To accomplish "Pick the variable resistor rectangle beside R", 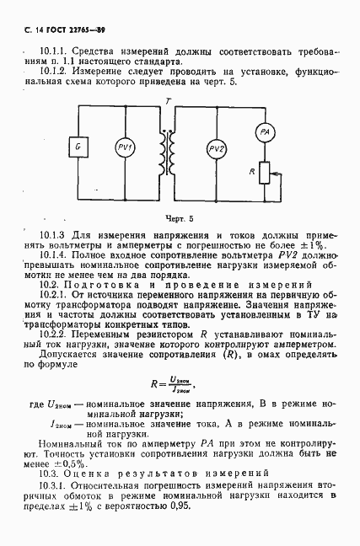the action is pos(263,172).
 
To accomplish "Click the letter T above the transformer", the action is pos(171,100).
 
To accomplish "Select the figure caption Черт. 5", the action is pos(178,217).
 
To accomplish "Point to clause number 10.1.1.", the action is pos(53,49).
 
